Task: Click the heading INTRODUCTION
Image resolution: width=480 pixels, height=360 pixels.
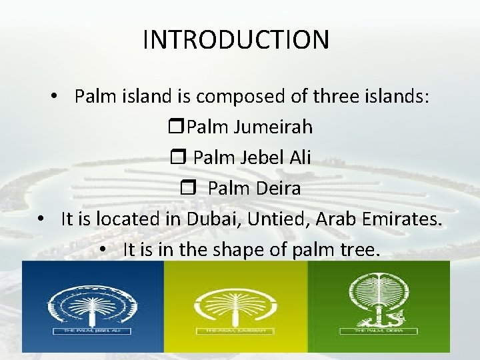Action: coord(235,39)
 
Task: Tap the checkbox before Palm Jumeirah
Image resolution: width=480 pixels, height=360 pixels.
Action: coord(180,126)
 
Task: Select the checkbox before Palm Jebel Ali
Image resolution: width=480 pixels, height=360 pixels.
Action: coord(182,158)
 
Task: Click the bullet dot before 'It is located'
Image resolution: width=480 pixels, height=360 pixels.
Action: coord(41,219)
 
